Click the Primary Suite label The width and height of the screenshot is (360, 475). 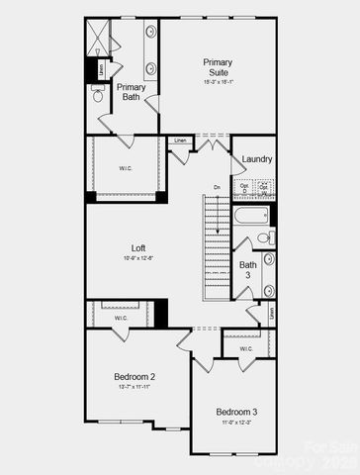218,68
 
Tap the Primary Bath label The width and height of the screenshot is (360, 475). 132,92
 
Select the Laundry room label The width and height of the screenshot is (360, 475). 257,158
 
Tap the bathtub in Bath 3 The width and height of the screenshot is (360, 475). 250,215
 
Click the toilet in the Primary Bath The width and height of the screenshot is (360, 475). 99,95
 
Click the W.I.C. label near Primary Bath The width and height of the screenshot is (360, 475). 127,168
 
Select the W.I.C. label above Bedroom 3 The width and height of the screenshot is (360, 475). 246,348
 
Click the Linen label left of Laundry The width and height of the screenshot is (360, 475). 180,141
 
